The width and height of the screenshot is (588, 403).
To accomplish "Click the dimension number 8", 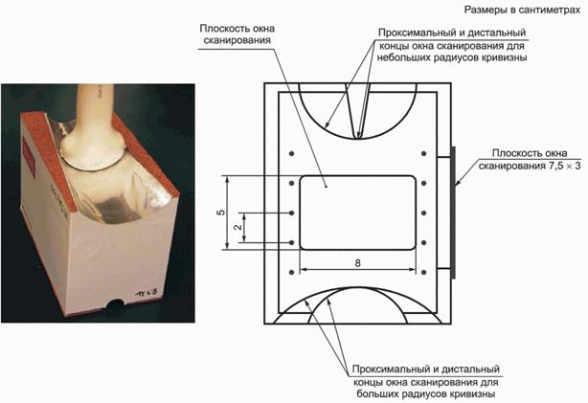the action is [357, 263].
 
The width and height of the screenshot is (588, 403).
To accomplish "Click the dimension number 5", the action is [221, 213].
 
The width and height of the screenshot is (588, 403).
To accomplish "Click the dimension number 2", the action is [237, 227].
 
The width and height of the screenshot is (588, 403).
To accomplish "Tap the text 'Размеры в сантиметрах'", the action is [522, 11].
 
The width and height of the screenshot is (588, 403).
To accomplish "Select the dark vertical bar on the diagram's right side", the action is [453, 213].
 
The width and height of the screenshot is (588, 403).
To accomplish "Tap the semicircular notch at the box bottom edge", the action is [115, 302].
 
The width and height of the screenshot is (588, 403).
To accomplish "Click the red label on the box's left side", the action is [30, 156].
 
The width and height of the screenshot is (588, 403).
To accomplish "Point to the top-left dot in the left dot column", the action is [292, 153].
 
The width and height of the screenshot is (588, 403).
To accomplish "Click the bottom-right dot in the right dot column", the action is [423, 272].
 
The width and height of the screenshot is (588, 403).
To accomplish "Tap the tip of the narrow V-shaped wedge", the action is [358, 138].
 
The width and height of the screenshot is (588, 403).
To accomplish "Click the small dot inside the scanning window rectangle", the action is [327, 186].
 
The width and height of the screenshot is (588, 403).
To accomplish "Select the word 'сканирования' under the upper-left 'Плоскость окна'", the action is [237, 40].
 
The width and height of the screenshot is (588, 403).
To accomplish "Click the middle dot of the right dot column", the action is [423, 213].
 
